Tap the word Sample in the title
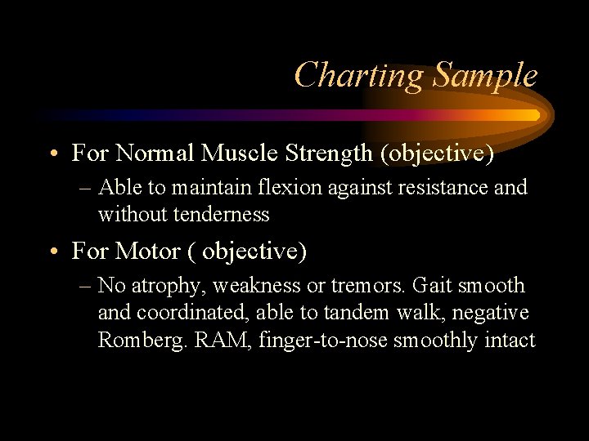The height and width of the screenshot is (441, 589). (484, 76)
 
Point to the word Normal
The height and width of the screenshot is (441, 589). (154, 153)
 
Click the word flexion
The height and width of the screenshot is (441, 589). (284, 188)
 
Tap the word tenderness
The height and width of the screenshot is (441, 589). (219, 215)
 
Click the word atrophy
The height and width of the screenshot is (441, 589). (164, 286)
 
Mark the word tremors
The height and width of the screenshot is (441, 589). (368, 286)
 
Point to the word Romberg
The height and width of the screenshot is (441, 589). (143, 340)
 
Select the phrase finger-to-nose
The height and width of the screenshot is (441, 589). (323, 340)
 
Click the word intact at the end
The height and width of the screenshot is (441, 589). (510, 340)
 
